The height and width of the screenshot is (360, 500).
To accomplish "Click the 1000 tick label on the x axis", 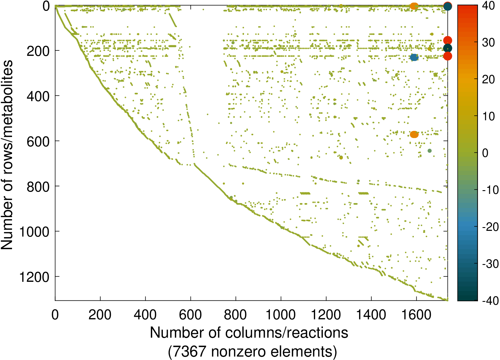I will tap(280, 315).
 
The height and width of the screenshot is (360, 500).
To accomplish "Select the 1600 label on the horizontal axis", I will tap(416, 315).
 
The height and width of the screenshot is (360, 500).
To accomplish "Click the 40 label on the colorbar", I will tap(489, 6).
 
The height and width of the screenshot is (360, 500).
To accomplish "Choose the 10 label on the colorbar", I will tap(489, 116).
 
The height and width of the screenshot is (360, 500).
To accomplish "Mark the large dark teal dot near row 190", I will tap(448, 48).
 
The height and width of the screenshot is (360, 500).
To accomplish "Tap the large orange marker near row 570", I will tap(414, 134).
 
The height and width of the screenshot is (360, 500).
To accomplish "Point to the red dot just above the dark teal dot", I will tap(448, 40).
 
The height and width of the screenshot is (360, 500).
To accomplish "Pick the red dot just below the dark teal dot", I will tap(448, 56).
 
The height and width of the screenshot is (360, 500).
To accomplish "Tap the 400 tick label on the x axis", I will tap(145, 315).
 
